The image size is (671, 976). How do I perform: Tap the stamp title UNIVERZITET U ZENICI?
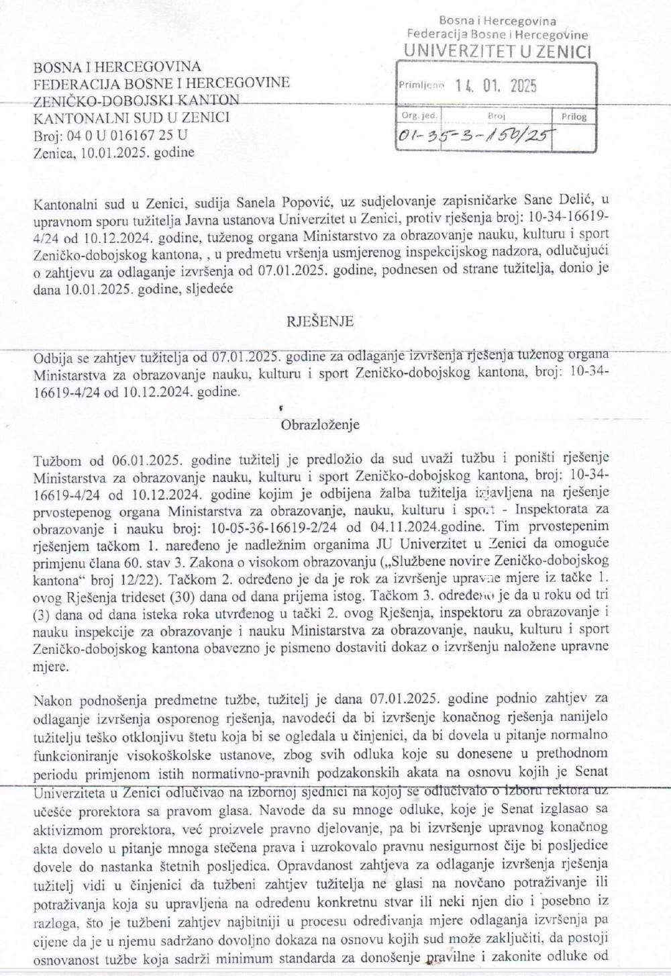tap(497, 50)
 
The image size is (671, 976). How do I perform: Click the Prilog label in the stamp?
tap(574, 117)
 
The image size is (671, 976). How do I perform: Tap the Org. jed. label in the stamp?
tap(418, 115)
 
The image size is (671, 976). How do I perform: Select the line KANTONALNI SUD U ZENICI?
tap(132, 117)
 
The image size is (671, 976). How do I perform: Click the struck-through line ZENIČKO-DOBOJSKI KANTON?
tap(136, 100)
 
